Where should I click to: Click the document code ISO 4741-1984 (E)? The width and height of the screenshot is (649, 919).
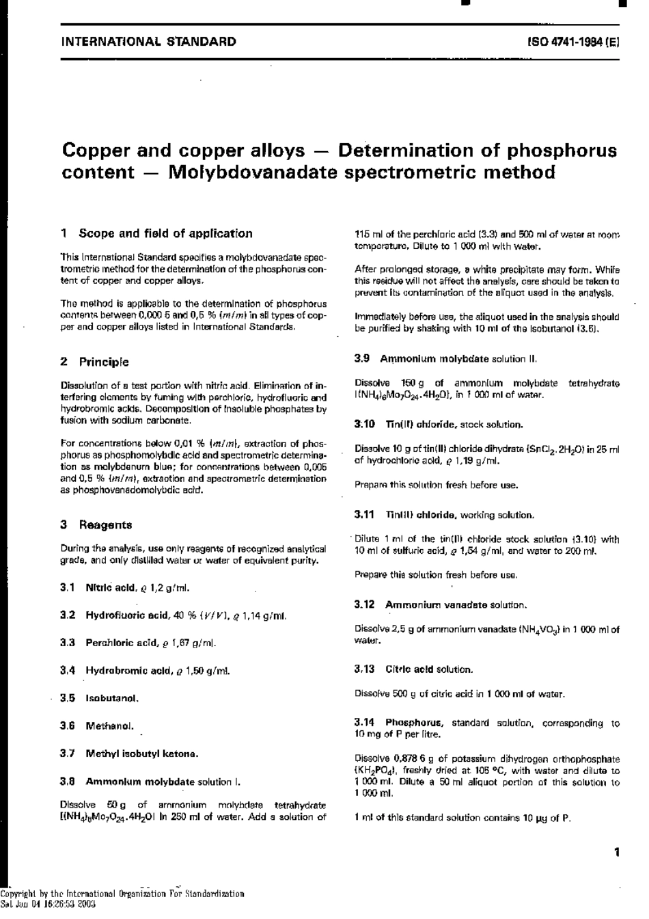(572, 42)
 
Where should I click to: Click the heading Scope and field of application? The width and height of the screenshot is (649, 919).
(165, 233)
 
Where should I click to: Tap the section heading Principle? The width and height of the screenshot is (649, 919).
(103, 362)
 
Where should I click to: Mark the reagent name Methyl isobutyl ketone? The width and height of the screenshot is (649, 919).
(141, 754)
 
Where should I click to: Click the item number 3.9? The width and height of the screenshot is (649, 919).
(363, 358)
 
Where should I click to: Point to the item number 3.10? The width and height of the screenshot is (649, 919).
(365, 424)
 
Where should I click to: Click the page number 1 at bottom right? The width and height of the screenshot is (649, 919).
(616, 852)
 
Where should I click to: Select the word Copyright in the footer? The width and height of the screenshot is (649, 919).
(18, 894)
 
